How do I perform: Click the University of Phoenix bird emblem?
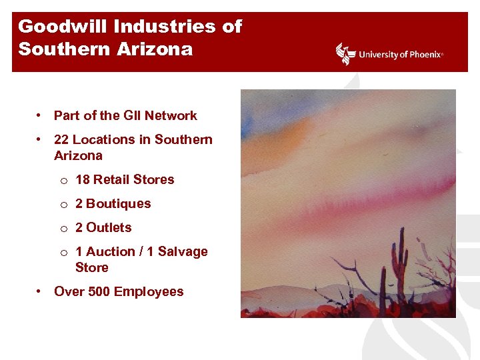(346, 54)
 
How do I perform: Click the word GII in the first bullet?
(133, 115)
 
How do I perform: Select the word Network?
(171, 115)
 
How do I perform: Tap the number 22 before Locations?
(61, 139)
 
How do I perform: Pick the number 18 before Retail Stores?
(83, 179)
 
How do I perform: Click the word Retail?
(111, 179)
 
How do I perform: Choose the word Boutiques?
(118, 203)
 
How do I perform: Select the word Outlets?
(109, 227)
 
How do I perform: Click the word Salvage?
(182, 251)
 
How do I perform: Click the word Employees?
(149, 291)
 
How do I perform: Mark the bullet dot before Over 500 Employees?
(40, 291)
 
